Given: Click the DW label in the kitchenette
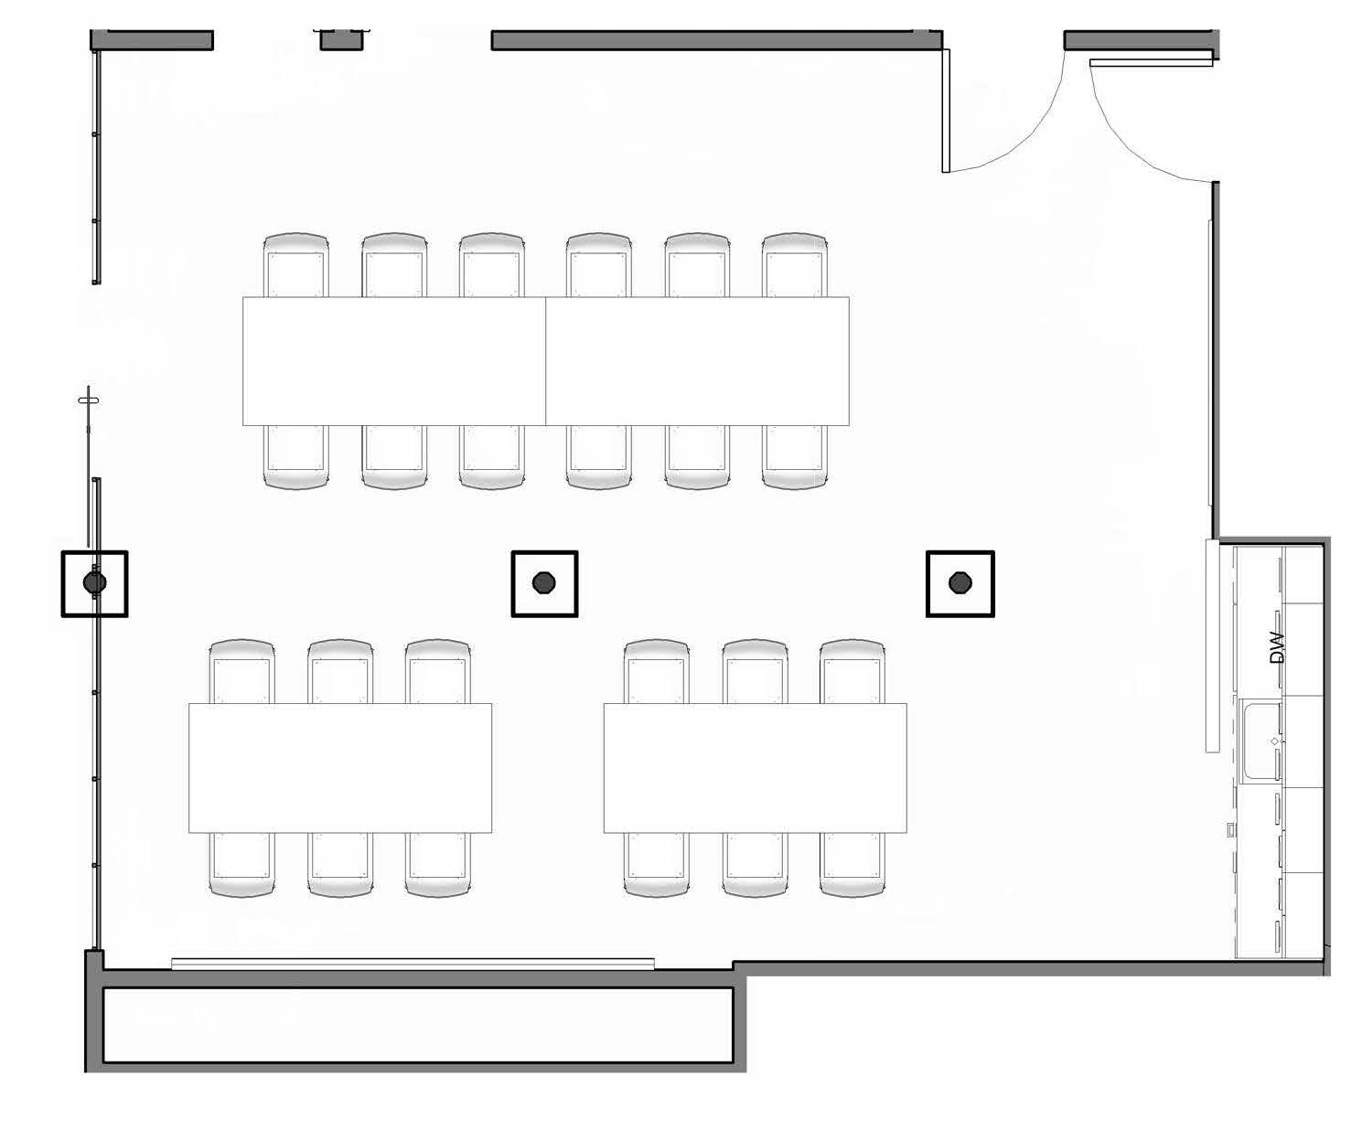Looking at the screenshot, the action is [x=1278, y=647].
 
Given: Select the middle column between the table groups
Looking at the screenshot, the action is [x=544, y=582].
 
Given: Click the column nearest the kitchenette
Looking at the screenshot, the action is [x=960, y=582].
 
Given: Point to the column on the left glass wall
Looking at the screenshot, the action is [x=94, y=582].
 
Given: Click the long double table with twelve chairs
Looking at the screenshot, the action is [x=545, y=361].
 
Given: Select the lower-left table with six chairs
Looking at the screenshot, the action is [x=340, y=768].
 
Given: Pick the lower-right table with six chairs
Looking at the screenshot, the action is [x=755, y=768].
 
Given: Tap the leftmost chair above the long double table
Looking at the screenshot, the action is [x=295, y=265].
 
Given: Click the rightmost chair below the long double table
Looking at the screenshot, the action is [x=794, y=457].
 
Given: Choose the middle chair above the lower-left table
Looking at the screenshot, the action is [x=340, y=672].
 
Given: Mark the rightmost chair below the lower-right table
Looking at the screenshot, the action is [x=852, y=864].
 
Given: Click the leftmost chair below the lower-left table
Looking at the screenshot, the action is [x=242, y=864].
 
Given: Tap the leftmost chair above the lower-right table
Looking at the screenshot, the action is [x=657, y=672].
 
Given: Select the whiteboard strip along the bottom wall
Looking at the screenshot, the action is [x=413, y=963].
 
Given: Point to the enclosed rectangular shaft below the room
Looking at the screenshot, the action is [x=418, y=1025].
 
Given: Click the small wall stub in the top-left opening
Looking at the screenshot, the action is [x=341, y=39].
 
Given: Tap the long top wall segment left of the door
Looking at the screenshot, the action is [x=716, y=40].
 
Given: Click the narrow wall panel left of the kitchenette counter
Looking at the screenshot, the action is [x=1213, y=646].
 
